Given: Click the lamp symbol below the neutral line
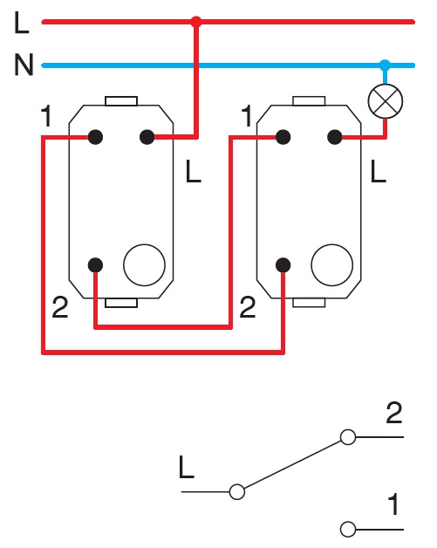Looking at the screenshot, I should click(x=384, y=102).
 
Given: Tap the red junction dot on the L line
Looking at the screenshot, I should click(x=196, y=22).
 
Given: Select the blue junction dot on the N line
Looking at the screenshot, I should click(x=384, y=65).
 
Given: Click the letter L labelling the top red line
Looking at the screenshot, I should click(x=23, y=23).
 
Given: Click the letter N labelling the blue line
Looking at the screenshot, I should click(x=23, y=65).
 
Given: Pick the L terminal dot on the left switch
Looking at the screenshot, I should click(x=147, y=136).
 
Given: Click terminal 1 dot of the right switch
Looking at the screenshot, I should click(x=283, y=136).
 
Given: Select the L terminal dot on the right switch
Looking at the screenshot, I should click(x=333, y=136).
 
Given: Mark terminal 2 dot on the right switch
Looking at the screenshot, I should click(x=283, y=265).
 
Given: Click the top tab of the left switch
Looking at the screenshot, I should click(x=121, y=100).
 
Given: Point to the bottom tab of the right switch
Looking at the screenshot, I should click(x=309, y=302).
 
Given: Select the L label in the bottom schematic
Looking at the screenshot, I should click(x=186, y=469).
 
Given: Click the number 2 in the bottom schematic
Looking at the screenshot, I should click(x=394, y=414).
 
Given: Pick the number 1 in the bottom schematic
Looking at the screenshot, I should click(x=394, y=504).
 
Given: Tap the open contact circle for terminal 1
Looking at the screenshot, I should click(x=348, y=529).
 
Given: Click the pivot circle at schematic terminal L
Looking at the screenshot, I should click(x=236, y=492).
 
